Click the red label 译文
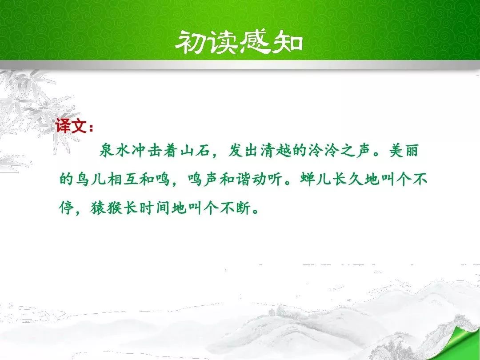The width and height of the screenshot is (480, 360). tap(71, 125)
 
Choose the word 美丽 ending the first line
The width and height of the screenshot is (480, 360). tap(404, 151)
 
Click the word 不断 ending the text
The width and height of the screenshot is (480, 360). tap(235, 208)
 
